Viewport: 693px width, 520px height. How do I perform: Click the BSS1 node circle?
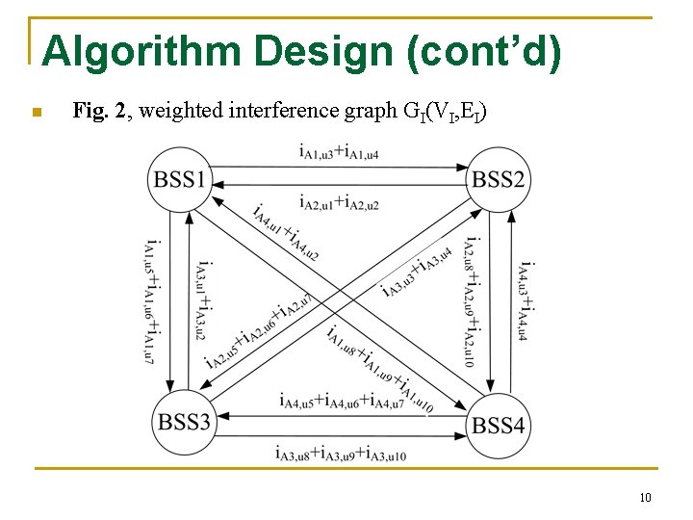click(x=180, y=179)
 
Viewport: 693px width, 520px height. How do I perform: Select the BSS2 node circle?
click(x=498, y=179)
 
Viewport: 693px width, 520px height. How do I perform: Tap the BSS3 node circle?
click(x=183, y=421)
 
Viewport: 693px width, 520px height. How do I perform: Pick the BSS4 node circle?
click(x=499, y=424)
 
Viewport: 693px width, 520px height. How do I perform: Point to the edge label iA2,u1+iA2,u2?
click(x=338, y=204)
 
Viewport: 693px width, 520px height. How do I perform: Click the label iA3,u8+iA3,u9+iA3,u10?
click(x=340, y=454)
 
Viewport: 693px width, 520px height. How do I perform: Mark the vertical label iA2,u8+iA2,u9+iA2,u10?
click(x=471, y=301)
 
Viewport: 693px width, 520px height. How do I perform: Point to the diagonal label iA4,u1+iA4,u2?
click(x=286, y=232)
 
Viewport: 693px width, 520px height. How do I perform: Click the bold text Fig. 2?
click(x=99, y=112)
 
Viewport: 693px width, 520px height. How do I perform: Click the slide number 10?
click(x=645, y=497)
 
